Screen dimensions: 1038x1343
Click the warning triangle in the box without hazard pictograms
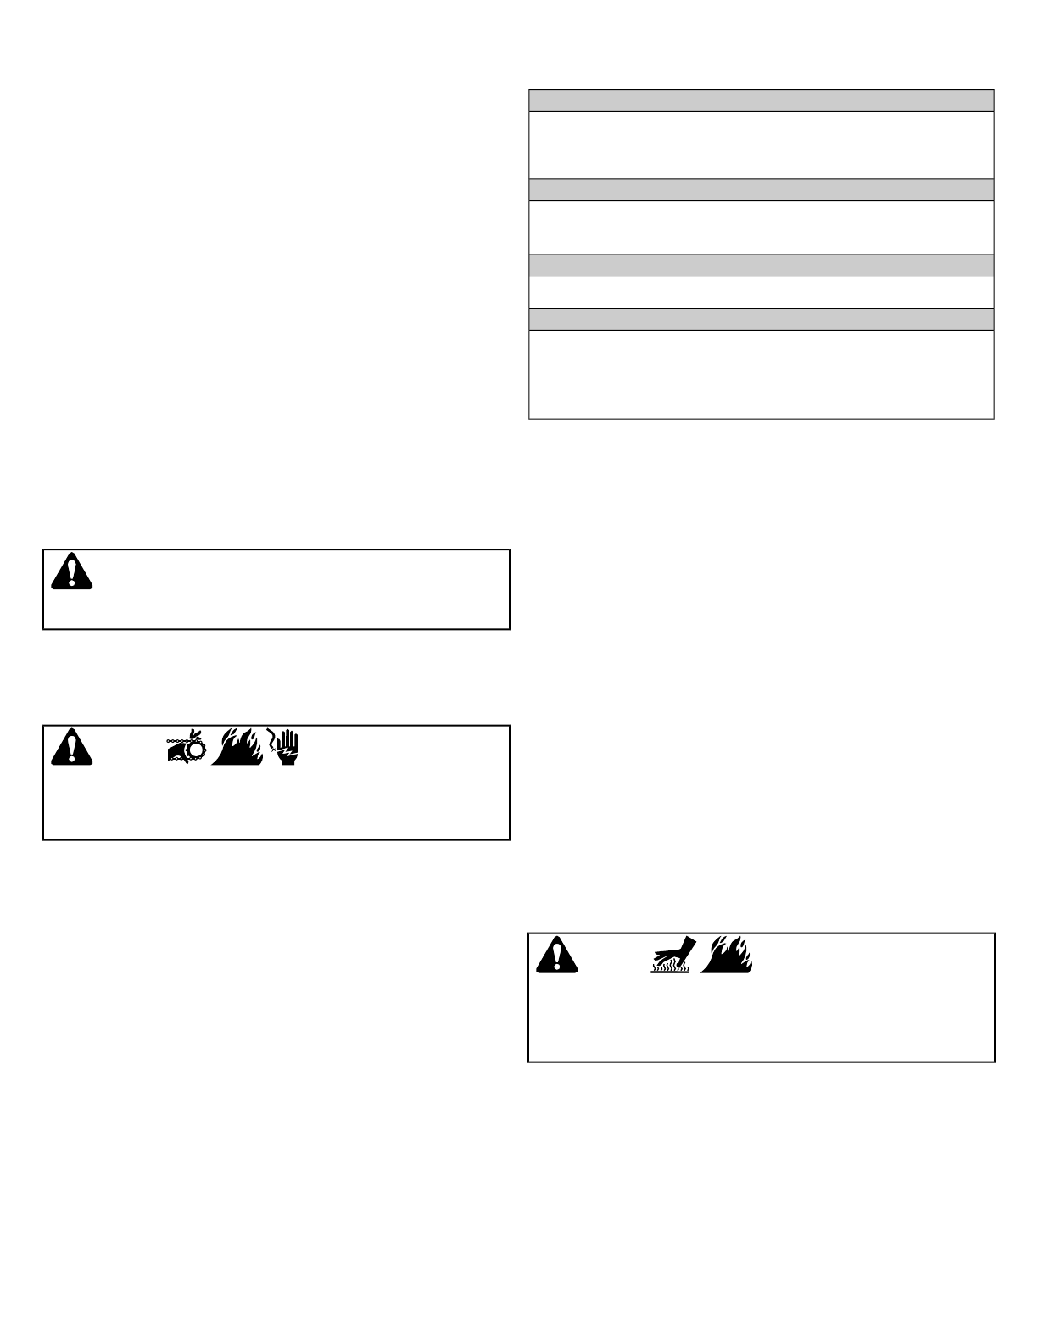71,571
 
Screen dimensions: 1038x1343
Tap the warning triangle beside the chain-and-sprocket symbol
71,746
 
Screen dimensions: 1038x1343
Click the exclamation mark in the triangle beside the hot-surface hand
556,955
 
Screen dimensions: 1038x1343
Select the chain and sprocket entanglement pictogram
186,746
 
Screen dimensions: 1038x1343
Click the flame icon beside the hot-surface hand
727,955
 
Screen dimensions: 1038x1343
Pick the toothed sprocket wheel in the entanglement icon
195,750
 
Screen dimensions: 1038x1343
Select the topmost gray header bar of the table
761,100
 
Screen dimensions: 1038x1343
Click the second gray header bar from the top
761,189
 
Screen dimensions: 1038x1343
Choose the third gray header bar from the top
761,265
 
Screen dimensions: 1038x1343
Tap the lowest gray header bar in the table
761,319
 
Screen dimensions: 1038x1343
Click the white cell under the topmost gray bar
761,144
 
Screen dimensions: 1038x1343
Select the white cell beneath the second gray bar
761,226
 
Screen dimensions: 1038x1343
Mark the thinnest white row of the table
761,292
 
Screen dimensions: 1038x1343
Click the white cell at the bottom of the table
761,373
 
